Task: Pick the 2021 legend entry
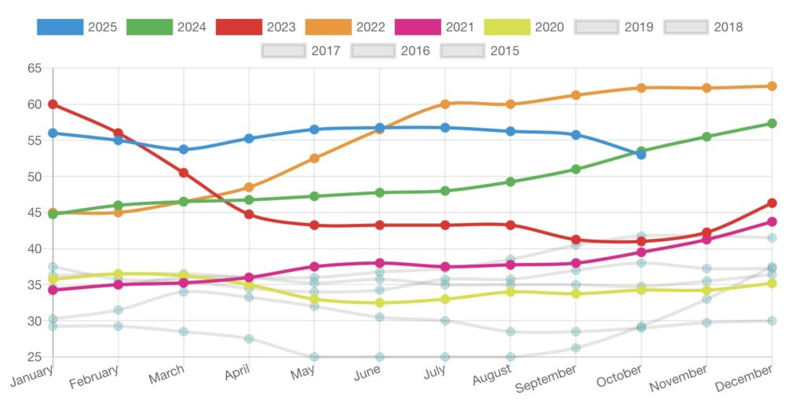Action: click(435, 27)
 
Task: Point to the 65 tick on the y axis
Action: click(35, 68)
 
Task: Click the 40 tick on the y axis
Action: click(35, 249)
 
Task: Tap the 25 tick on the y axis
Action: click(35, 357)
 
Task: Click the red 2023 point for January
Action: click(53, 104)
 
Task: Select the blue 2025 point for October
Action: click(641, 155)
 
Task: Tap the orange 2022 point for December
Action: click(772, 86)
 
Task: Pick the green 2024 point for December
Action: click(772, 123)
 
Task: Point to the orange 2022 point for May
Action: click(314, 159)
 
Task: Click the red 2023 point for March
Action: click(184, 173)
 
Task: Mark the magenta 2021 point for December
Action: click(772, 222)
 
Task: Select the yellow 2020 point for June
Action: click(380, 303)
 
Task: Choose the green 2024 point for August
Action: click(510, 182)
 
